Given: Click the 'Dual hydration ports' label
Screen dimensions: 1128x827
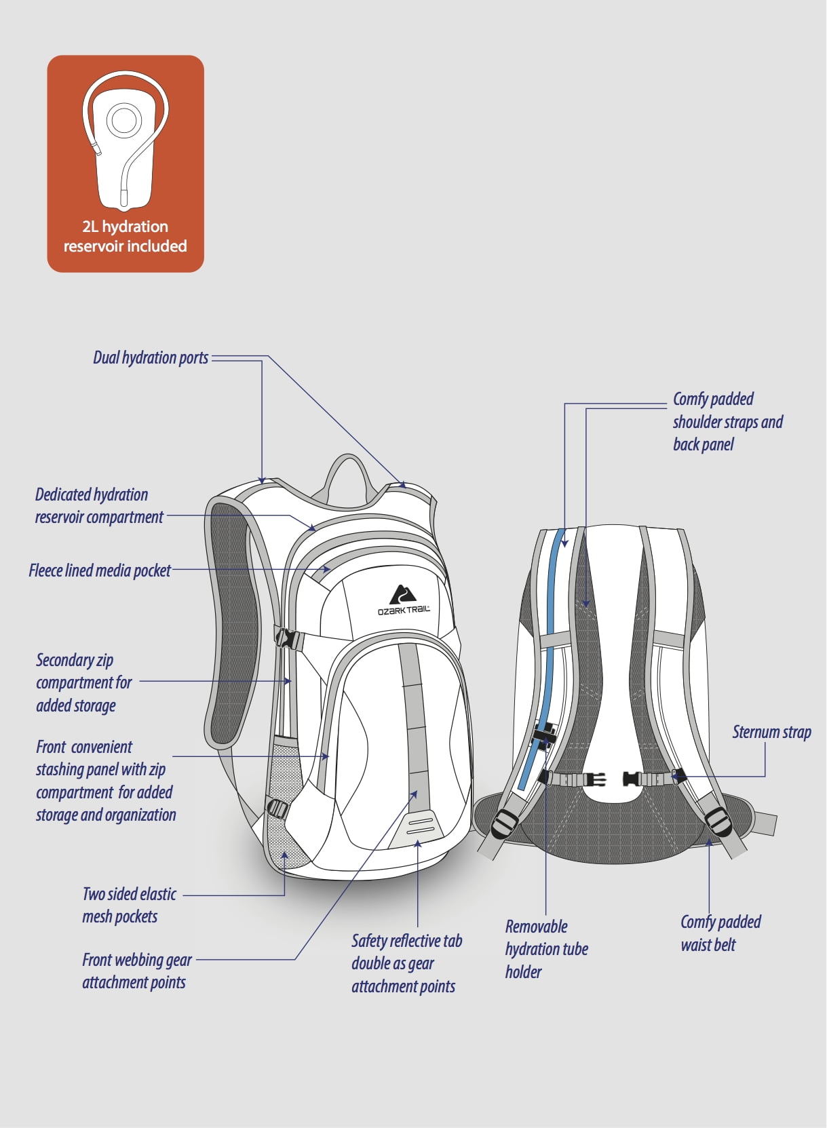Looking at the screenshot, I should (x=151, y=358).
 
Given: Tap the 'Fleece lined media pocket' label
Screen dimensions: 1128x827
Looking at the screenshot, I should (x=100, y=570).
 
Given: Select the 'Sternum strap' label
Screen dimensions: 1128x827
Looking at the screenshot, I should (x=771, y=733).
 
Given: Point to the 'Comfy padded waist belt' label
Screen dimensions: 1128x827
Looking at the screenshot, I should (x=720, y=933).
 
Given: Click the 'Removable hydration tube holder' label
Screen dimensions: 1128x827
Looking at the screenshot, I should (x=546, y=949).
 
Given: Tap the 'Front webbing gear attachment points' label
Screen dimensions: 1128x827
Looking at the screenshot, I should (x=136, y=971).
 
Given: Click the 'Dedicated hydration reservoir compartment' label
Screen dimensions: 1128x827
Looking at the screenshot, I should (x=99, y=506).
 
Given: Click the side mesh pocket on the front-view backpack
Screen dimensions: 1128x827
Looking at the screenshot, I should (x=286, y=800).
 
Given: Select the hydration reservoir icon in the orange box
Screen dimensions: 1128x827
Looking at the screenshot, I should (x=125, y=139).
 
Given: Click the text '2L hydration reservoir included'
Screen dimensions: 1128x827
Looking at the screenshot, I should (x=126, y=237).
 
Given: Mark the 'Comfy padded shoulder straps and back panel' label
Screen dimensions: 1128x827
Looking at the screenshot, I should (x=727, y=422).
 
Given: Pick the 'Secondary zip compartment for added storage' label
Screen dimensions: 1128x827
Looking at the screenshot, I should (x=83, y=683).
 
